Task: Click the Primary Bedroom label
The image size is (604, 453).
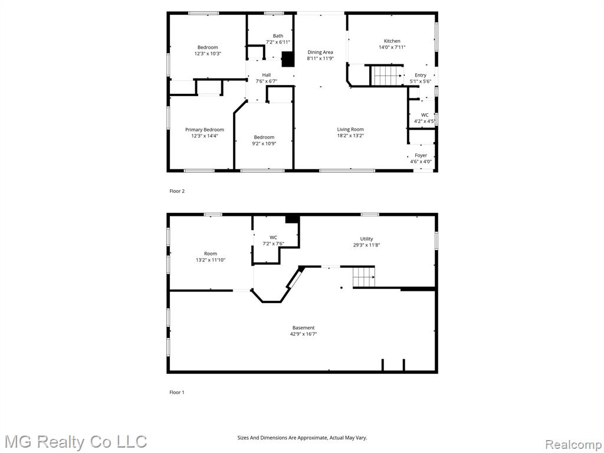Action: click(x=205, y=130)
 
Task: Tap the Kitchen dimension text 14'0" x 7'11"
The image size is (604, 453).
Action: click(x=392, y=47)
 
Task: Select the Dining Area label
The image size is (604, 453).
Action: click(x=320, y=52)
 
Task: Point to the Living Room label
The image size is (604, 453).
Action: click(x=350, y=129)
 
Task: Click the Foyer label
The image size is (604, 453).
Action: click(x=421, y=155)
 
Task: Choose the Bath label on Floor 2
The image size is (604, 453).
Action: click(x=278, y=36)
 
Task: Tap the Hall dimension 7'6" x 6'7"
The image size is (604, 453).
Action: click(x=267, y=81)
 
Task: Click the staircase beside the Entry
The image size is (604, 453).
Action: click(x=387, y=75)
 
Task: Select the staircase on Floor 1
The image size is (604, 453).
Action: click(x=363, y=277)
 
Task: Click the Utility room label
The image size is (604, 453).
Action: click(x=367, y=239)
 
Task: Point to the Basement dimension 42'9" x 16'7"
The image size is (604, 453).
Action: click(x=304, y=334)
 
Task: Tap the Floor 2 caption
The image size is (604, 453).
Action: click(x=177, y=191)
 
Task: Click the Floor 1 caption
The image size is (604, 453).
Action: click(x=177, y=392)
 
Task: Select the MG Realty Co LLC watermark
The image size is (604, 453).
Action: click(x=76, y=442)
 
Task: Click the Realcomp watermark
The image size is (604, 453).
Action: click(x=573, y=445)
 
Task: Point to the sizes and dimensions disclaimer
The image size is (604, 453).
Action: click(x=302, y=438)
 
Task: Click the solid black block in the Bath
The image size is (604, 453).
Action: click(x=288, y=60)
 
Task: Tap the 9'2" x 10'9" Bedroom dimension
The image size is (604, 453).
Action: click(x=264, y=144)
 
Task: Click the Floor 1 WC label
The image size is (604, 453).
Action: click(x=273, y=237)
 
